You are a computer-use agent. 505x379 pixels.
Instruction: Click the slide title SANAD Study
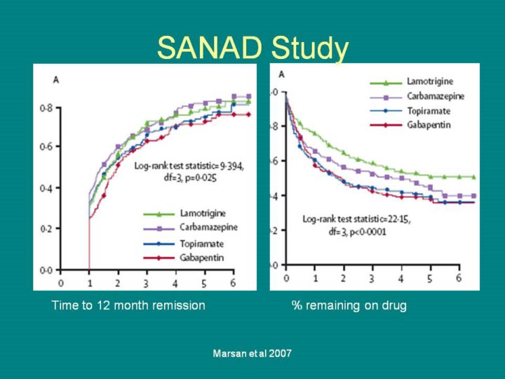[252, 48]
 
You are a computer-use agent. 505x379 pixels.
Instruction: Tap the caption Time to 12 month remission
[128, 305]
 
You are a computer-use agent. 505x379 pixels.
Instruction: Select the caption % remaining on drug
[349, 305]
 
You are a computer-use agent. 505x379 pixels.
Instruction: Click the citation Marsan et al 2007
[252, 353]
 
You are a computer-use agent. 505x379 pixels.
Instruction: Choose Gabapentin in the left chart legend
[198, 258]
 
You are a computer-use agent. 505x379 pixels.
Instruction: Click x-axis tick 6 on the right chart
[459, 279]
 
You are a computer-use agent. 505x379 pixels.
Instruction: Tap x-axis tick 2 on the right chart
[343, 279]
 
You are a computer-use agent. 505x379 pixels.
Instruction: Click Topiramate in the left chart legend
[198, 244]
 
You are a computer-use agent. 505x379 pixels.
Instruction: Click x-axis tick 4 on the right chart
[400, 279]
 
